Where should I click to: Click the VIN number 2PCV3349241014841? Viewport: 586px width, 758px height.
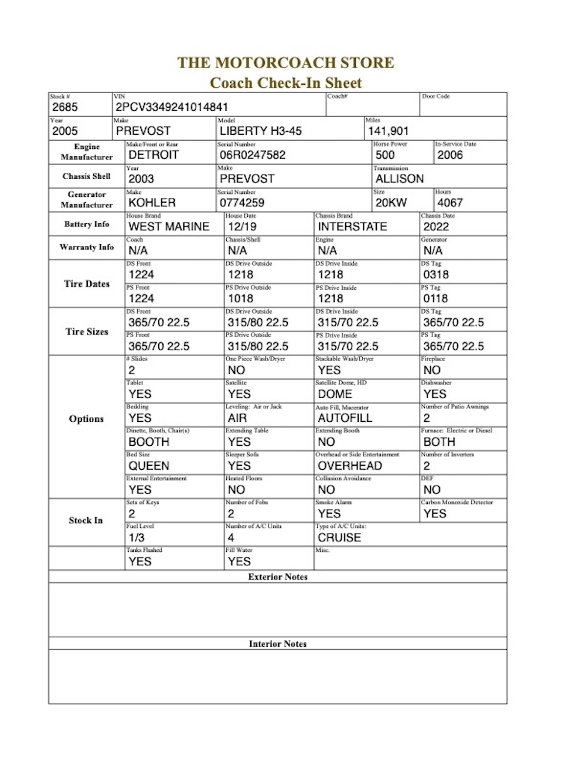point(171,107)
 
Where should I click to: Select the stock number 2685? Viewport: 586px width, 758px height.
point(64,107)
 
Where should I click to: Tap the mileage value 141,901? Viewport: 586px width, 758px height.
point(388,131)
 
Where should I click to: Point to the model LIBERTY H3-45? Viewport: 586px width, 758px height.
point(261,131)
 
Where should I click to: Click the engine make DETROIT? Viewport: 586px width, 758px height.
point(153,155)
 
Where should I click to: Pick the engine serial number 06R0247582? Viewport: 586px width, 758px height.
point(253,155)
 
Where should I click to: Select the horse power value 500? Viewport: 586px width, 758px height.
point(385,155)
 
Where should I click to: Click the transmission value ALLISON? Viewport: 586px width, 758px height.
point(399,179)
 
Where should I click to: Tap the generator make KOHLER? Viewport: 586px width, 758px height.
point(152,203)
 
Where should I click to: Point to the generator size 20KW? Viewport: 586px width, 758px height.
point(391,203)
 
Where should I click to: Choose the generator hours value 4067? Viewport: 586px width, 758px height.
point(449,203)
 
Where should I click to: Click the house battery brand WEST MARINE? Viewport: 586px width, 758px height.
point(169,227)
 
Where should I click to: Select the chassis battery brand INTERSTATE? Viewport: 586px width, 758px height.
point(352,227)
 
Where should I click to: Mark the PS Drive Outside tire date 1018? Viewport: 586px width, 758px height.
point(240,298)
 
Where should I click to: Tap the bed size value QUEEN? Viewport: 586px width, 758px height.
point(149,466)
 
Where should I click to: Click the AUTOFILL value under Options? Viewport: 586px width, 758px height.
point(345,418)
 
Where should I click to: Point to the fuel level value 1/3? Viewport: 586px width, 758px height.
point(137,537)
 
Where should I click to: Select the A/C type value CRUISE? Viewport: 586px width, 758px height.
point(339,537)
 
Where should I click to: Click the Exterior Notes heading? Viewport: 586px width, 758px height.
point(278,577)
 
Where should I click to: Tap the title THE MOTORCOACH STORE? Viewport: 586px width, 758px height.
point(286,63)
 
